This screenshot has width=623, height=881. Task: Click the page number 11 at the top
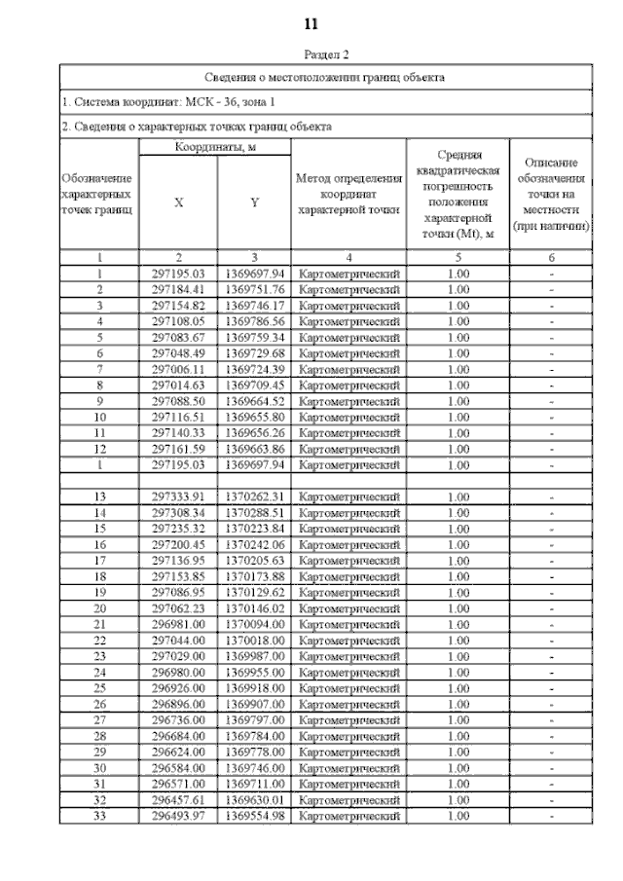pos(311,22)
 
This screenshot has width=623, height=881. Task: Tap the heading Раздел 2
pos(326,56)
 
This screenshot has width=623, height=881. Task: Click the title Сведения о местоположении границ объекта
pos(326,76)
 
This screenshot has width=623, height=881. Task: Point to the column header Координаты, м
pos(214,146)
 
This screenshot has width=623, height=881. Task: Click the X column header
pos(178,202)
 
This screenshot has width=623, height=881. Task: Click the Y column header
pos(254,202)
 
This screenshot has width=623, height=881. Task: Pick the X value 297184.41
pos(178,289)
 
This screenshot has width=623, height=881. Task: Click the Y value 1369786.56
pos(254,320)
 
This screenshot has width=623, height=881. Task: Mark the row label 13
pos(98,496)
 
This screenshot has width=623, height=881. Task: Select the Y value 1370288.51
pos(254,512)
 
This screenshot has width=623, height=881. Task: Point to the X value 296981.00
pos(178,623)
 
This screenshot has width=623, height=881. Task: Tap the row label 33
pos(98,814)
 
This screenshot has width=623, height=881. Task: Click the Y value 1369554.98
pos(254,814)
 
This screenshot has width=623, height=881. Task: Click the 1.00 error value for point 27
pos(458,718)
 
